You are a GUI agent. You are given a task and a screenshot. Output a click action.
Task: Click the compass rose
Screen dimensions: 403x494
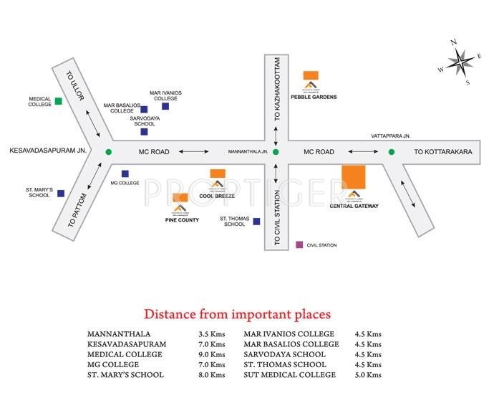458,62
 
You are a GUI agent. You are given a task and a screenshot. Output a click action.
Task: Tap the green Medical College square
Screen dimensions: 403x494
59,101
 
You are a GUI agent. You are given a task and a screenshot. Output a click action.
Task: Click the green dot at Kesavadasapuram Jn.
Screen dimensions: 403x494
108,151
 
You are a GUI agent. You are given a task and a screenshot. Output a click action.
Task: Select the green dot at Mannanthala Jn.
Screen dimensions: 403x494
276,151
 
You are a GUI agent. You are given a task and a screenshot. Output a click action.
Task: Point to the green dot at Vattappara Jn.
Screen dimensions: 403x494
392,151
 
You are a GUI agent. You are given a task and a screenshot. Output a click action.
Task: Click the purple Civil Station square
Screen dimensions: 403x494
299,245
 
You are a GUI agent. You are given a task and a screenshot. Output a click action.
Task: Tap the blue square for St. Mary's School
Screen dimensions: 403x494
61,193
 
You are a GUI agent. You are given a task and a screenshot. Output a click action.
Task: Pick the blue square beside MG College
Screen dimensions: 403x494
125,174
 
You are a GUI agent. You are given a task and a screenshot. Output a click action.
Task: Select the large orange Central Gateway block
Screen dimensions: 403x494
354,177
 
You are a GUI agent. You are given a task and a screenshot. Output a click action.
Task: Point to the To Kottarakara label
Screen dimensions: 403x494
444,152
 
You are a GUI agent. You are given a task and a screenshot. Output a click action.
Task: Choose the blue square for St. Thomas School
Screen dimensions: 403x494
256,222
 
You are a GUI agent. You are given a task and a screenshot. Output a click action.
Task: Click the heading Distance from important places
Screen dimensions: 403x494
237,314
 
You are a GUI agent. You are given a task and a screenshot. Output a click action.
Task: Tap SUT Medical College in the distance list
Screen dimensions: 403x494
289,375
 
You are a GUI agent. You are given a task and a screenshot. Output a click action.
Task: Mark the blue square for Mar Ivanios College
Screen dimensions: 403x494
165,106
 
